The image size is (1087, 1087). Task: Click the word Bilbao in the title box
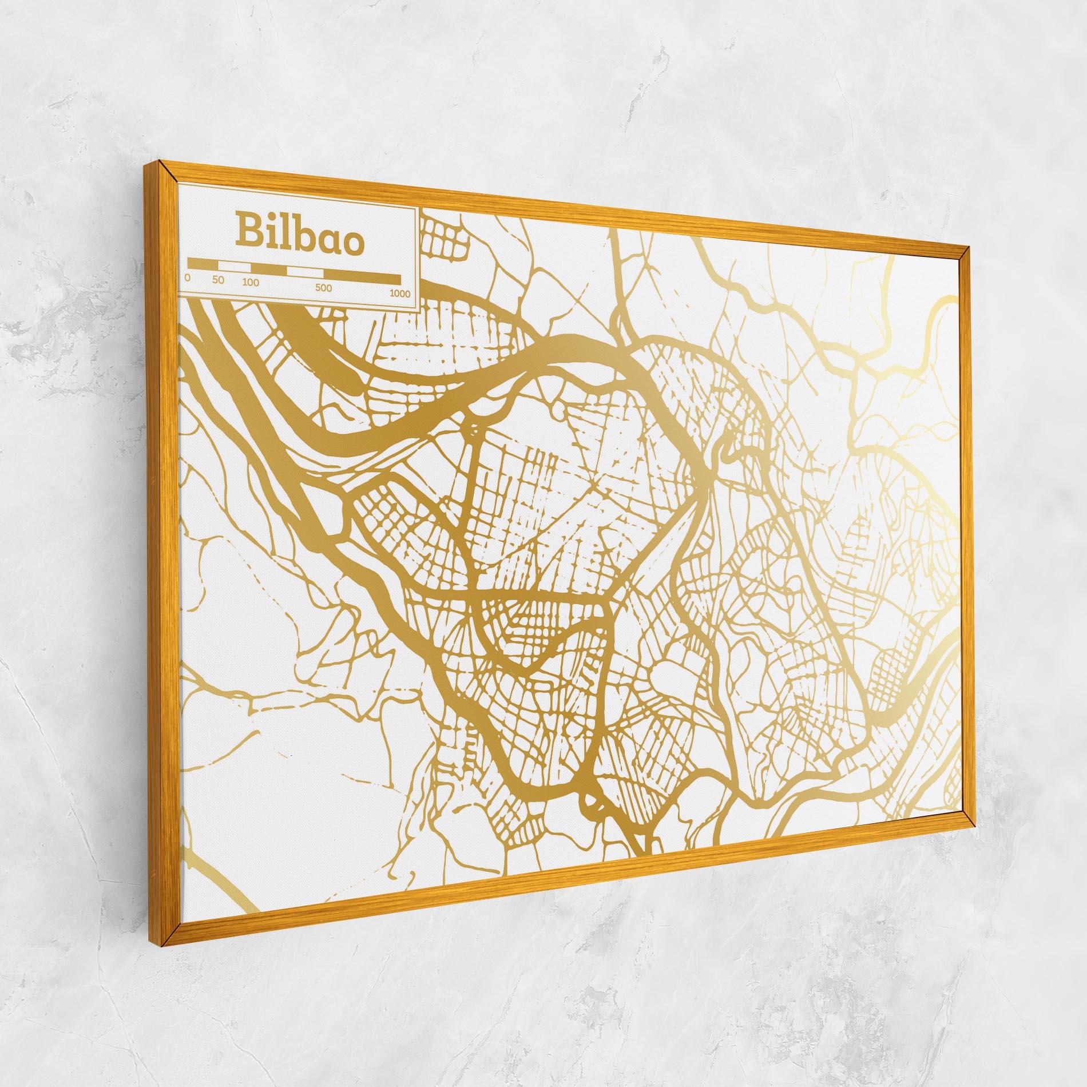pyautogui.click(x=299, y=235)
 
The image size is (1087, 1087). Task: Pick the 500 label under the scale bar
pyautogui.click(x=323, y=288)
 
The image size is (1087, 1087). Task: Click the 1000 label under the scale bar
pyautogui.click(x=400, y=293)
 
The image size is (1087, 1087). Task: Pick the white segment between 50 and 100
pyautogui.click(x=234, y=266)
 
